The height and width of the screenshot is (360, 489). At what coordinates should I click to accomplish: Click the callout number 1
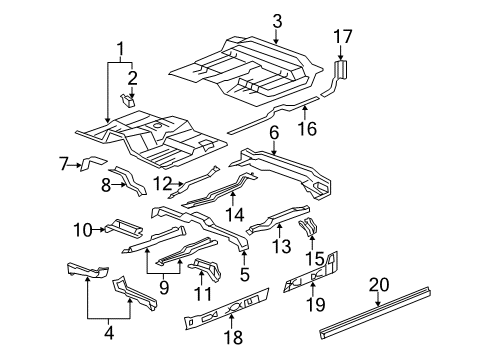point(121,50)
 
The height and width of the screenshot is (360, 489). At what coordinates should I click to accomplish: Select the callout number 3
point(277,20)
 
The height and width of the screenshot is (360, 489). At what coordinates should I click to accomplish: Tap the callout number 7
point(63,162)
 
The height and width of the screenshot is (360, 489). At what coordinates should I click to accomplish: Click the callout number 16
point(305,129)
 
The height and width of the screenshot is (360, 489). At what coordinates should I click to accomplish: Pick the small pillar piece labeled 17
point(341,69)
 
